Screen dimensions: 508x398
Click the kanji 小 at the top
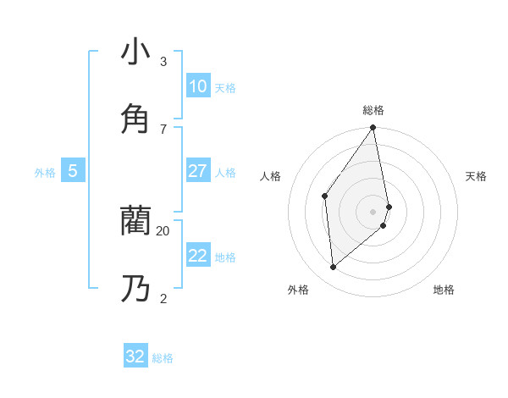click(135, 52)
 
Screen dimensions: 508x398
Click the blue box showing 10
click(198, 86)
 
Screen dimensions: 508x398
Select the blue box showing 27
click(198, 171)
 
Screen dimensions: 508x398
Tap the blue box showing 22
click(198, 256)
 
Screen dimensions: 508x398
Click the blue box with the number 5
click(73, 171)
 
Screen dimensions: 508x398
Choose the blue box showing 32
click(135, 357)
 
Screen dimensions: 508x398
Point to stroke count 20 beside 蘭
click(163, 230)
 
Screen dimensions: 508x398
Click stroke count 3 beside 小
click(163, 61)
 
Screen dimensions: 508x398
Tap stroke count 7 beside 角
click(163, 129)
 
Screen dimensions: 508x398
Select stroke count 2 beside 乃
click(163, 298)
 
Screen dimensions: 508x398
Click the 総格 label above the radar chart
click(373, 110)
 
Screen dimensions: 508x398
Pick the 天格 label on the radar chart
click(476, 176)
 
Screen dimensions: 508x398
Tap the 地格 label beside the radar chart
click(444, 290)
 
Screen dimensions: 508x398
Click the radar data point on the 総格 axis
click(373, 128)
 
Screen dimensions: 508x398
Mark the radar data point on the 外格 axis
click(334, 267)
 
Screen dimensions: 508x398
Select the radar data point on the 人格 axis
click(325, 196)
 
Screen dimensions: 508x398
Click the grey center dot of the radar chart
click(373, 212)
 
